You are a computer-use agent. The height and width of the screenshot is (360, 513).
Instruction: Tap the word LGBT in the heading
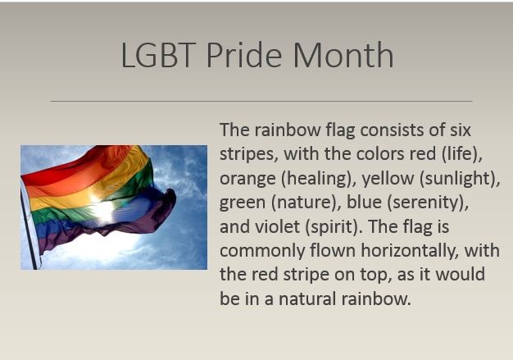coord(158,55)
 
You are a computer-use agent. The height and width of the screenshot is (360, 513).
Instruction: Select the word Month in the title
coord(343,55)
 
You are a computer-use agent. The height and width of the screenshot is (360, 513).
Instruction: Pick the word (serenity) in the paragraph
coord(428,203)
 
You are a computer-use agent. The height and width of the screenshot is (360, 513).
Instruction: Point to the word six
coord(461,130)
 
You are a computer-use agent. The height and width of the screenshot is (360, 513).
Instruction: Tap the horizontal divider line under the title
coord(261,101)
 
